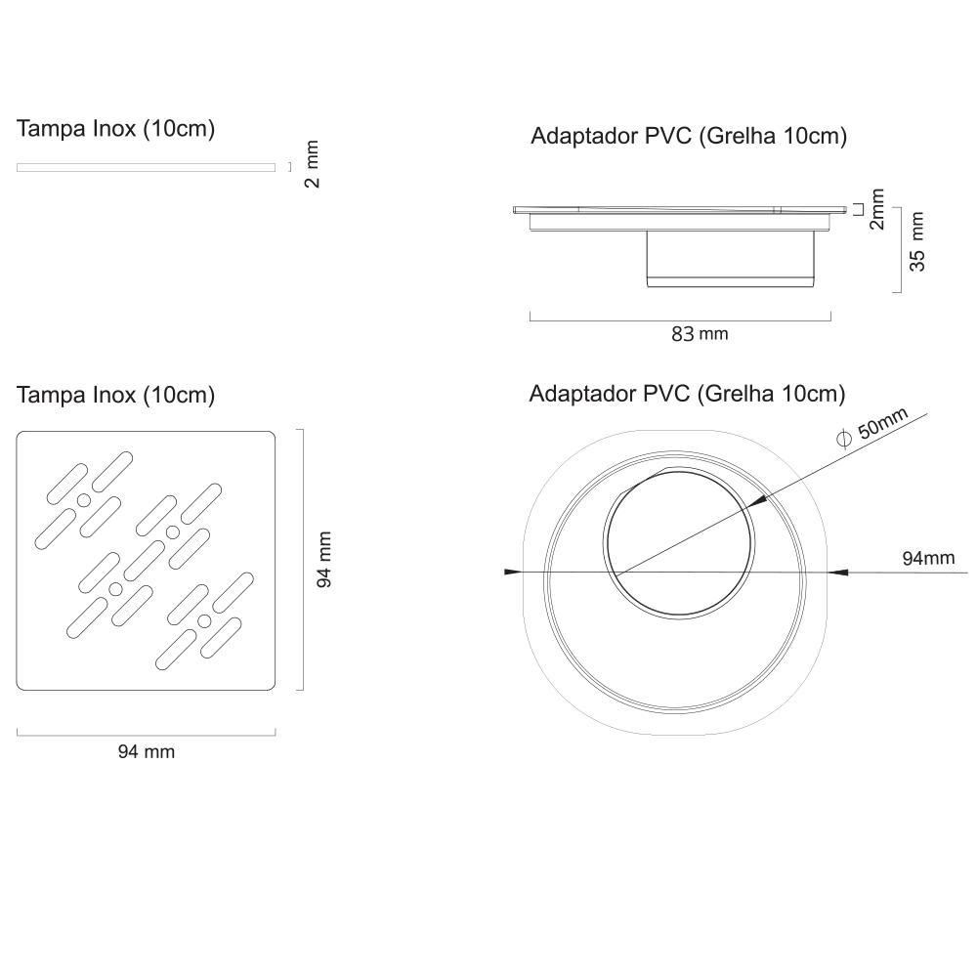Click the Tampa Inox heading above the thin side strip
pyautogui.click(x=115, y=128)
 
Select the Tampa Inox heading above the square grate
pyautogui.click(x=115, y=395)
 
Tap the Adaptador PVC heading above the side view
pyautogui.click(x=688, y=136)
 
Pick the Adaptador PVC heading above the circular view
pyautogui.click(x=687, y=394)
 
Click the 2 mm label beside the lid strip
pyautogui.click(x=312, y=164)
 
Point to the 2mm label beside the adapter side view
pyautogui.click(x=876, y=209)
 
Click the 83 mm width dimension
pyautogui.click(x=699, y=333)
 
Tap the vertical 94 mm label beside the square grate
pyautogui.click(x=325, y=559)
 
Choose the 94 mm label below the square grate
pyautogui.click(x=146, y=751)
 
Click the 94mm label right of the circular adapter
pyautogui.click(x=927, y=558)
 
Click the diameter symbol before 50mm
pyautogui.click(x=844, y=440)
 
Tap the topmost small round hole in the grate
pyautogui.click(x=84, y=501)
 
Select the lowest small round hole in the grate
pyautogui.click(x=204, y=621)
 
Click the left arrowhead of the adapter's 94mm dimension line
pyautogui.click(x=509, y=572)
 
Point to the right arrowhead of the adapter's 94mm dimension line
pyautogui.click(x=835, y=572)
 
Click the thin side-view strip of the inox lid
pyautogui.click(x=146, y=167)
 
